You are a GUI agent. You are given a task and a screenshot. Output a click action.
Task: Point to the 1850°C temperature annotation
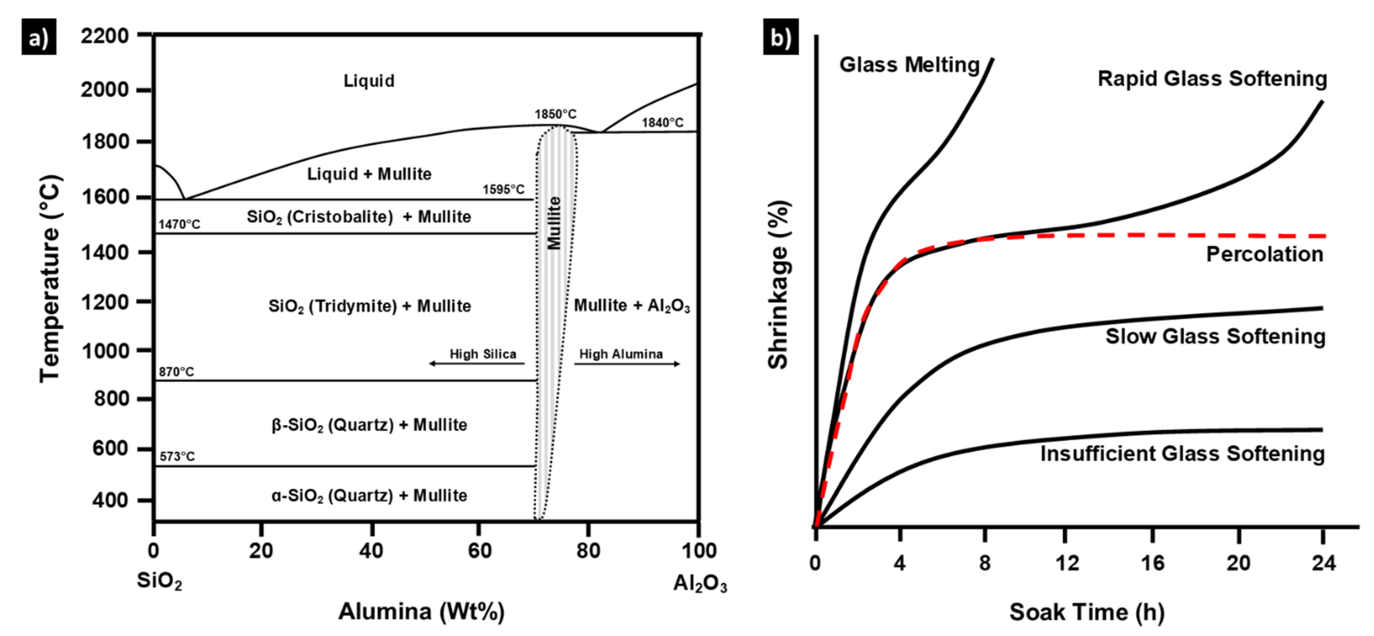pyautogui.click(x=555, y=114)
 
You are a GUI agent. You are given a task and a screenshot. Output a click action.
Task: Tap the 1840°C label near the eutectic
pyautogui.click(x=662, y=123)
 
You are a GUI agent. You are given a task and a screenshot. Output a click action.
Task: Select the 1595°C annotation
pyautogui.click(x=503, y=189)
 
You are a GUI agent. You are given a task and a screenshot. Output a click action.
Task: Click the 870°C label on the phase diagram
pyautogui.click(x=176, y=372)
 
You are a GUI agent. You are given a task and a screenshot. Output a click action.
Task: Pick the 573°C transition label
pyautogui.click(x=177, y=456)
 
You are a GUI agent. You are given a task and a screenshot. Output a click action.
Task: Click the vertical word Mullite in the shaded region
pyautogui.click(x=555, y=223)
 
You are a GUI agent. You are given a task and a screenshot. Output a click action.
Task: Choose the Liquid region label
pyautogui.click(x=369, y=81)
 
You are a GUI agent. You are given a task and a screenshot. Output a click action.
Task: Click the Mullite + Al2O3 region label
pyautogui.click(x=632, y=306)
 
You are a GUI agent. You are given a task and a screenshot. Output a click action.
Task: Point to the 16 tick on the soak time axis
pyautogui.click(x=1152, y=563)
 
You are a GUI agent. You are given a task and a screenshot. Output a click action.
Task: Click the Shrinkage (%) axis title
pyautogui.click(x=778, y=285)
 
